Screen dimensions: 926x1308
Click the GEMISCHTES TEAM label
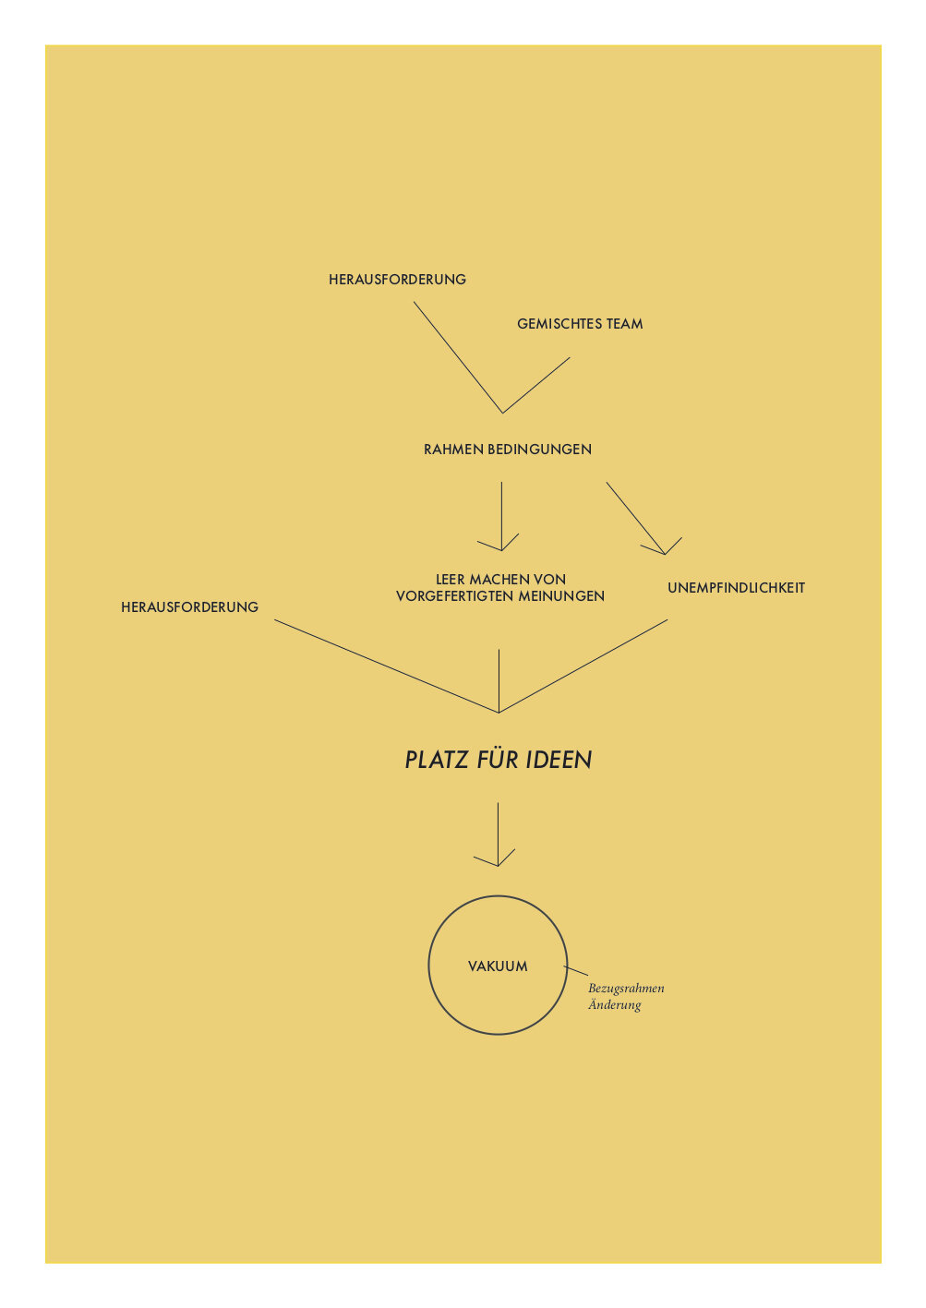coord(580,323)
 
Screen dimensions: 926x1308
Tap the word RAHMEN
coord(453,449)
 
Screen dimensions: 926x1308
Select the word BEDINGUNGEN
coord(539,449)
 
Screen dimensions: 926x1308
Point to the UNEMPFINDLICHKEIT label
coord(736,587)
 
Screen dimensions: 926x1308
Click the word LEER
coord(451,580)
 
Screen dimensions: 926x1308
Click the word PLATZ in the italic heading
coord(437,760)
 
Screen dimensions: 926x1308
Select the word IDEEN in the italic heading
coord(559,760)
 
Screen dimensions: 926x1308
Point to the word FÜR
coord(498,759)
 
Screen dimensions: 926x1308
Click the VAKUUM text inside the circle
coord(498,966)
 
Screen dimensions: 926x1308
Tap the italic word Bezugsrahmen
coord(626,989)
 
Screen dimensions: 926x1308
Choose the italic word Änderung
coord(614,1005)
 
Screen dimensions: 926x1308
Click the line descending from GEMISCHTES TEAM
coord(536,386)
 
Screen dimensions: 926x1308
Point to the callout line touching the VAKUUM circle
coord(576,970)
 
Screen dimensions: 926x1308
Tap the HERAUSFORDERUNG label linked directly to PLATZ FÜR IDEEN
coord(190,606)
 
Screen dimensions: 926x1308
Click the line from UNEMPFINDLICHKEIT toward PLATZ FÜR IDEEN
coord(583,666)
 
